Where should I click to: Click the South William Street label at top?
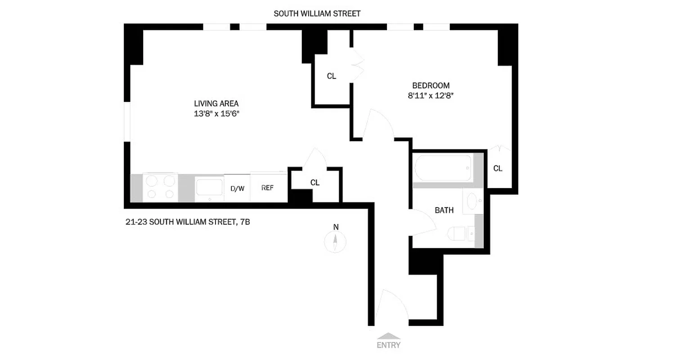(317, 13)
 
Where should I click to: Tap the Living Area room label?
(216, 103)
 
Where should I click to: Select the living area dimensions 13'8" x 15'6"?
(216, 114)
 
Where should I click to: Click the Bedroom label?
(431, 85)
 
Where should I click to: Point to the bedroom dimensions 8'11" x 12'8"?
(431, 95)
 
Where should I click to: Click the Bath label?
(444, 210)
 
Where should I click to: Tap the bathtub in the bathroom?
(443, 168)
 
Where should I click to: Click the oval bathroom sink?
(472, 201)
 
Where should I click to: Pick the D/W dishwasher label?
(237, 189)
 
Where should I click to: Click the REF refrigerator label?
(267, 188)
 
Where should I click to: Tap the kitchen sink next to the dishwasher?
(209, 188)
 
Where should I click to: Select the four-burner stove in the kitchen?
(161, 187)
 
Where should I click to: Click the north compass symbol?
(335, 241)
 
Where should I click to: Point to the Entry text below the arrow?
(388, 346)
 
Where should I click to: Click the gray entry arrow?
(388, 336)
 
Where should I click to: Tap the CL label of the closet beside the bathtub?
(497, 168)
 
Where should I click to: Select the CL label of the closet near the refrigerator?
(315, 182)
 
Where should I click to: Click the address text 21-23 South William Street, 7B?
(187, 222)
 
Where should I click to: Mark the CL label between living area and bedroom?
(331, 76)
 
